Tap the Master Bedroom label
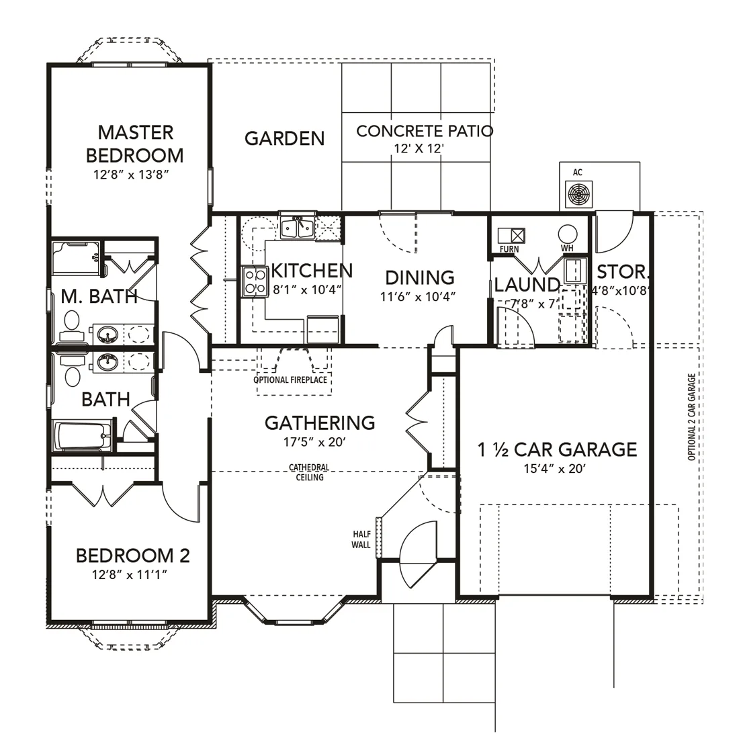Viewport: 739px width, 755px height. tap(135, 144)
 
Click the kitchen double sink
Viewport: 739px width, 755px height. tap(298, 227)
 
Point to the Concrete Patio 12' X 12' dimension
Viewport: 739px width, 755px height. tap(419, 149)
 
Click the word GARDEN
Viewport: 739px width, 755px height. tap(285, 138)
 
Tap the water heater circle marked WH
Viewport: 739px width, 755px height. tap(568, 234)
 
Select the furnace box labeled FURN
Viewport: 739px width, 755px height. tap(511, 236)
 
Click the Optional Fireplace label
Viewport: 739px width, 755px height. tap(290, 380)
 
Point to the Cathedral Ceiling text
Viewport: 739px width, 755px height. tap(309, 472)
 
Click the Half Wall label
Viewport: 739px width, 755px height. tap(361, 539)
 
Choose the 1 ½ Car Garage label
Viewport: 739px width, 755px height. tap(557, 450)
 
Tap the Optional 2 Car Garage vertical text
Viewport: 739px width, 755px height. tap(691, 417)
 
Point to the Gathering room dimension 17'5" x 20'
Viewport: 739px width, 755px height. tap(314, 442)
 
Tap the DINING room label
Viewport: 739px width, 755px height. tap(420, 278)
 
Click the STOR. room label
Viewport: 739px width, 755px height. tap(623, 273)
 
